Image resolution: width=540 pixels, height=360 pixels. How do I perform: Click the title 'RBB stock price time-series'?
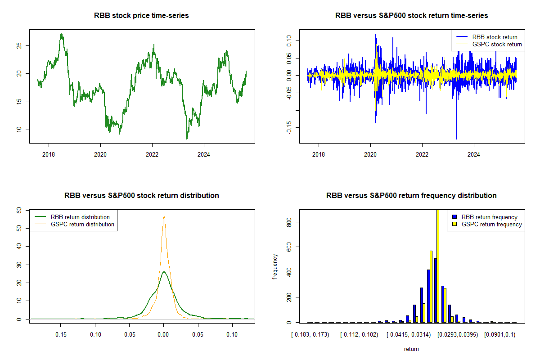[x=141, y=16]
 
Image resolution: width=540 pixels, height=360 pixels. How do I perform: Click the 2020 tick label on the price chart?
[x=100, y=155]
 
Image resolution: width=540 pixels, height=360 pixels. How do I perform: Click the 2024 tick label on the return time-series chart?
[x=474, y=155]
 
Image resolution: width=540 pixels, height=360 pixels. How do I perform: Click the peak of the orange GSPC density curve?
[x=164, y=216]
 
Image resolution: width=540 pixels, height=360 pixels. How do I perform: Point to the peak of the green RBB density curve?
[x=164, y=272]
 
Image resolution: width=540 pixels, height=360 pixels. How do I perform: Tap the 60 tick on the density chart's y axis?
[x=19, y=210]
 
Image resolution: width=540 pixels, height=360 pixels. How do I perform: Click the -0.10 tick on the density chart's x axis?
[x=94, y=334]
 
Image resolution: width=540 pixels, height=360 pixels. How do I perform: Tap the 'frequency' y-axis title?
[x=275, y=266]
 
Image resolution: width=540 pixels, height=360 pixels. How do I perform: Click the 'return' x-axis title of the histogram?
[x=411, y=349]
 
